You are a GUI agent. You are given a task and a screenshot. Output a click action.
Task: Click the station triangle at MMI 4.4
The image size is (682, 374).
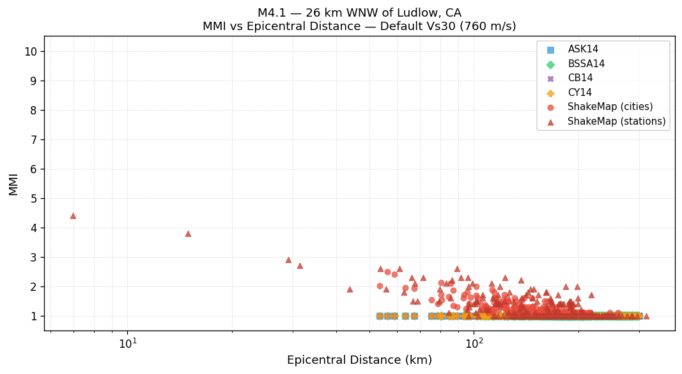(x=73, y=216)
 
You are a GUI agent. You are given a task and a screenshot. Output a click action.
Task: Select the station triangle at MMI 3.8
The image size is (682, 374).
(x=188, y=234)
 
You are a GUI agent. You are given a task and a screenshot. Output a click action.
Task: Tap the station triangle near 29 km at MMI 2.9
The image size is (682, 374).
(x=288, y=260)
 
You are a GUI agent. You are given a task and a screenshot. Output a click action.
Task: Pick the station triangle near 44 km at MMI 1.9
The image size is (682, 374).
(x=350, y=290)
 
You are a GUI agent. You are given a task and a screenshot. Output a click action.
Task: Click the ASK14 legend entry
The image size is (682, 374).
(x=583, y=49)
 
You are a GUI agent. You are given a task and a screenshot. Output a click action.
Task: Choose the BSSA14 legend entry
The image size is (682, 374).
(x=585, y=64)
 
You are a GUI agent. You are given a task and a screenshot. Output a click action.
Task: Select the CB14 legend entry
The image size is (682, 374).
(x=580, y=78)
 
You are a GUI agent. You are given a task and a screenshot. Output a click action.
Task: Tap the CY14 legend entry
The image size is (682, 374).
(x=579, y=93)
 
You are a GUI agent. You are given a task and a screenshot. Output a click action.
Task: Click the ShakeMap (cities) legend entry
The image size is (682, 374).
(x=610, y=107)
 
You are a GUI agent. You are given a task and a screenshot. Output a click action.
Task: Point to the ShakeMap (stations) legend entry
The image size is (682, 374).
(x=616, y=121)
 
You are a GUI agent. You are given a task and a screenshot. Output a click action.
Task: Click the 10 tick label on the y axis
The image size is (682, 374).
(x=31, y=52)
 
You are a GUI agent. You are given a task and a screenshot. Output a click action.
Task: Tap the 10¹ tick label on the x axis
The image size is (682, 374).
(x=128, y=343)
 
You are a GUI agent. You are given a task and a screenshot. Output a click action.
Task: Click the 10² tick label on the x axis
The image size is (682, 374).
(x=474, y=343)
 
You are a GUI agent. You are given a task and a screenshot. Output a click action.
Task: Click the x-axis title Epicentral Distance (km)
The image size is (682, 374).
(x=359, y=360)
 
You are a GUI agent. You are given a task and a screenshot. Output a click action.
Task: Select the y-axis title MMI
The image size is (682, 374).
(x=13, y=183)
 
